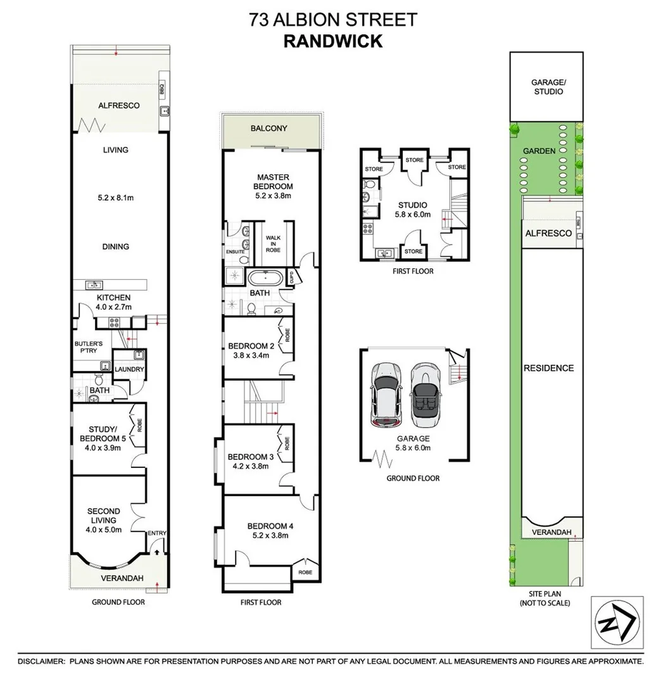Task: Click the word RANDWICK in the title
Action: click(x=332, y=41)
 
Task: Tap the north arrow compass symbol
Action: click(x=617, y=623)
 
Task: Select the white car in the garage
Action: click(x=385, y=396)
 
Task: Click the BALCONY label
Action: click(x=268, y=129)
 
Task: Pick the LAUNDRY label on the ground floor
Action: click(x=129, y=370)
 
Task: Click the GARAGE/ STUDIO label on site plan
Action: click(x=547, y=87)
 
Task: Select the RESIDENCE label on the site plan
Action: click(x=548, y=368)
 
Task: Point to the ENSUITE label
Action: click(x=235, y=251)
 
